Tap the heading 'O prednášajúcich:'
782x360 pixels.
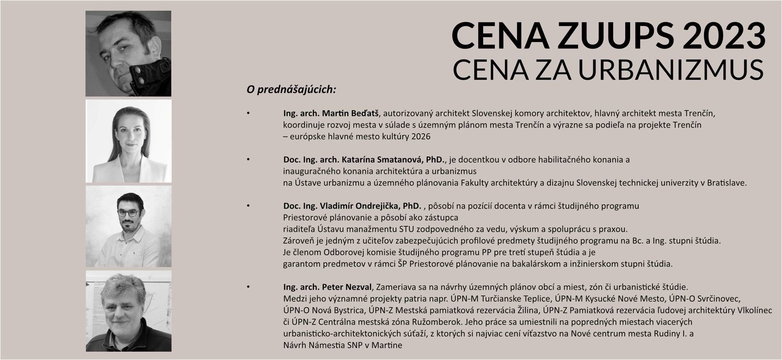tap(291, 90)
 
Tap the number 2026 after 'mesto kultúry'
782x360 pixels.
tap(421, 136)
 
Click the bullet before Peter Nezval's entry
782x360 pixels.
tap(248, 286)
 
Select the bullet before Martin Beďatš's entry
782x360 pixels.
tap(248, 113)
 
